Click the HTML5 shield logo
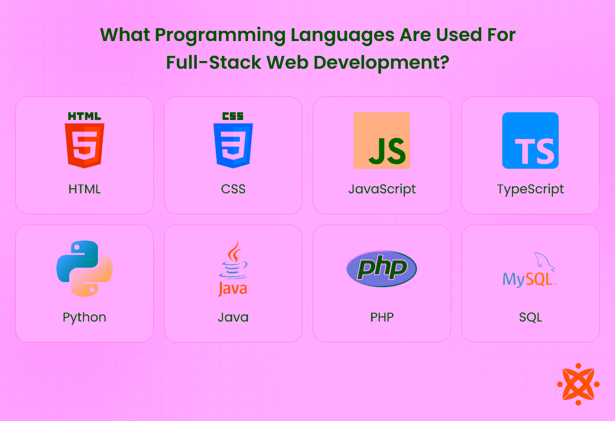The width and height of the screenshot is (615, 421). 85,140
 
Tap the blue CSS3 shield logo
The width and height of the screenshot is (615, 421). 233,140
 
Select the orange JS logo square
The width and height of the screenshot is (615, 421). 382,141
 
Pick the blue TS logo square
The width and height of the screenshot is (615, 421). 530,141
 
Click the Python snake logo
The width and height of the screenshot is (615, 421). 85,268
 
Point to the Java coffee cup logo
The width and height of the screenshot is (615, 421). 233,268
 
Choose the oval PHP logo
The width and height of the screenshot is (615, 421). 382,268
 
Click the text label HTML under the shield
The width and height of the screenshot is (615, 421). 85,189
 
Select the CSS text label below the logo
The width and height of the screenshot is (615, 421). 233,189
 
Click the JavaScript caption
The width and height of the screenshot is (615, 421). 382,189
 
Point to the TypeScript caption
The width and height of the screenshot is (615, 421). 530,189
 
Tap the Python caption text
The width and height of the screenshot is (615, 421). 85,317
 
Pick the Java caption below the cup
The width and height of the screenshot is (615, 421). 233,317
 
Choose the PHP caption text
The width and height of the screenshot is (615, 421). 382,317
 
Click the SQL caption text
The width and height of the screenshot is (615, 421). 530,317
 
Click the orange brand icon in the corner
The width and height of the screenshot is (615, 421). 578,384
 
